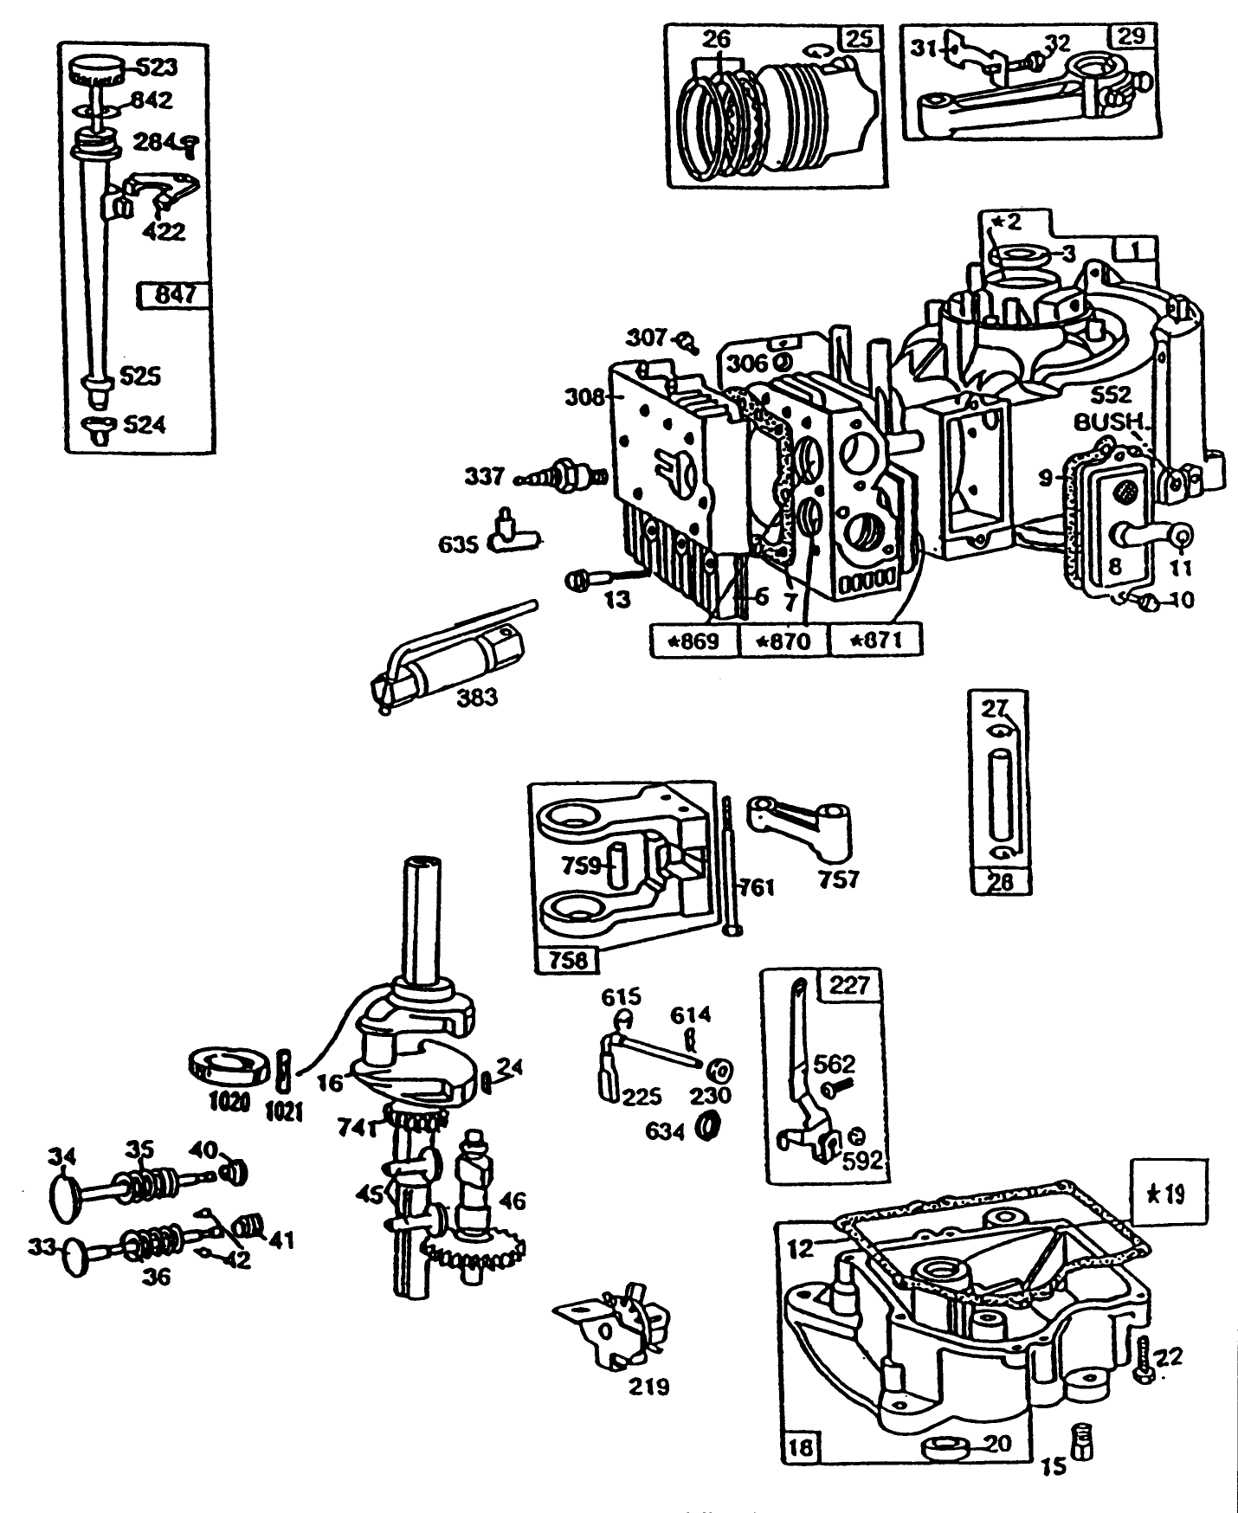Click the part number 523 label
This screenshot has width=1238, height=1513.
click(157, 67)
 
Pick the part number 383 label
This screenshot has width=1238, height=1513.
click(478, 696)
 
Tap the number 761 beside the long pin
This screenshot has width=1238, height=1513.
click(757, 887)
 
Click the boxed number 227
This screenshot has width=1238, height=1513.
click(848, 985)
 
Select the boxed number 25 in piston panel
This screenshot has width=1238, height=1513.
click(861, 39)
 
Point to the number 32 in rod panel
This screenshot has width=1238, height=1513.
click(1057, 42)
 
